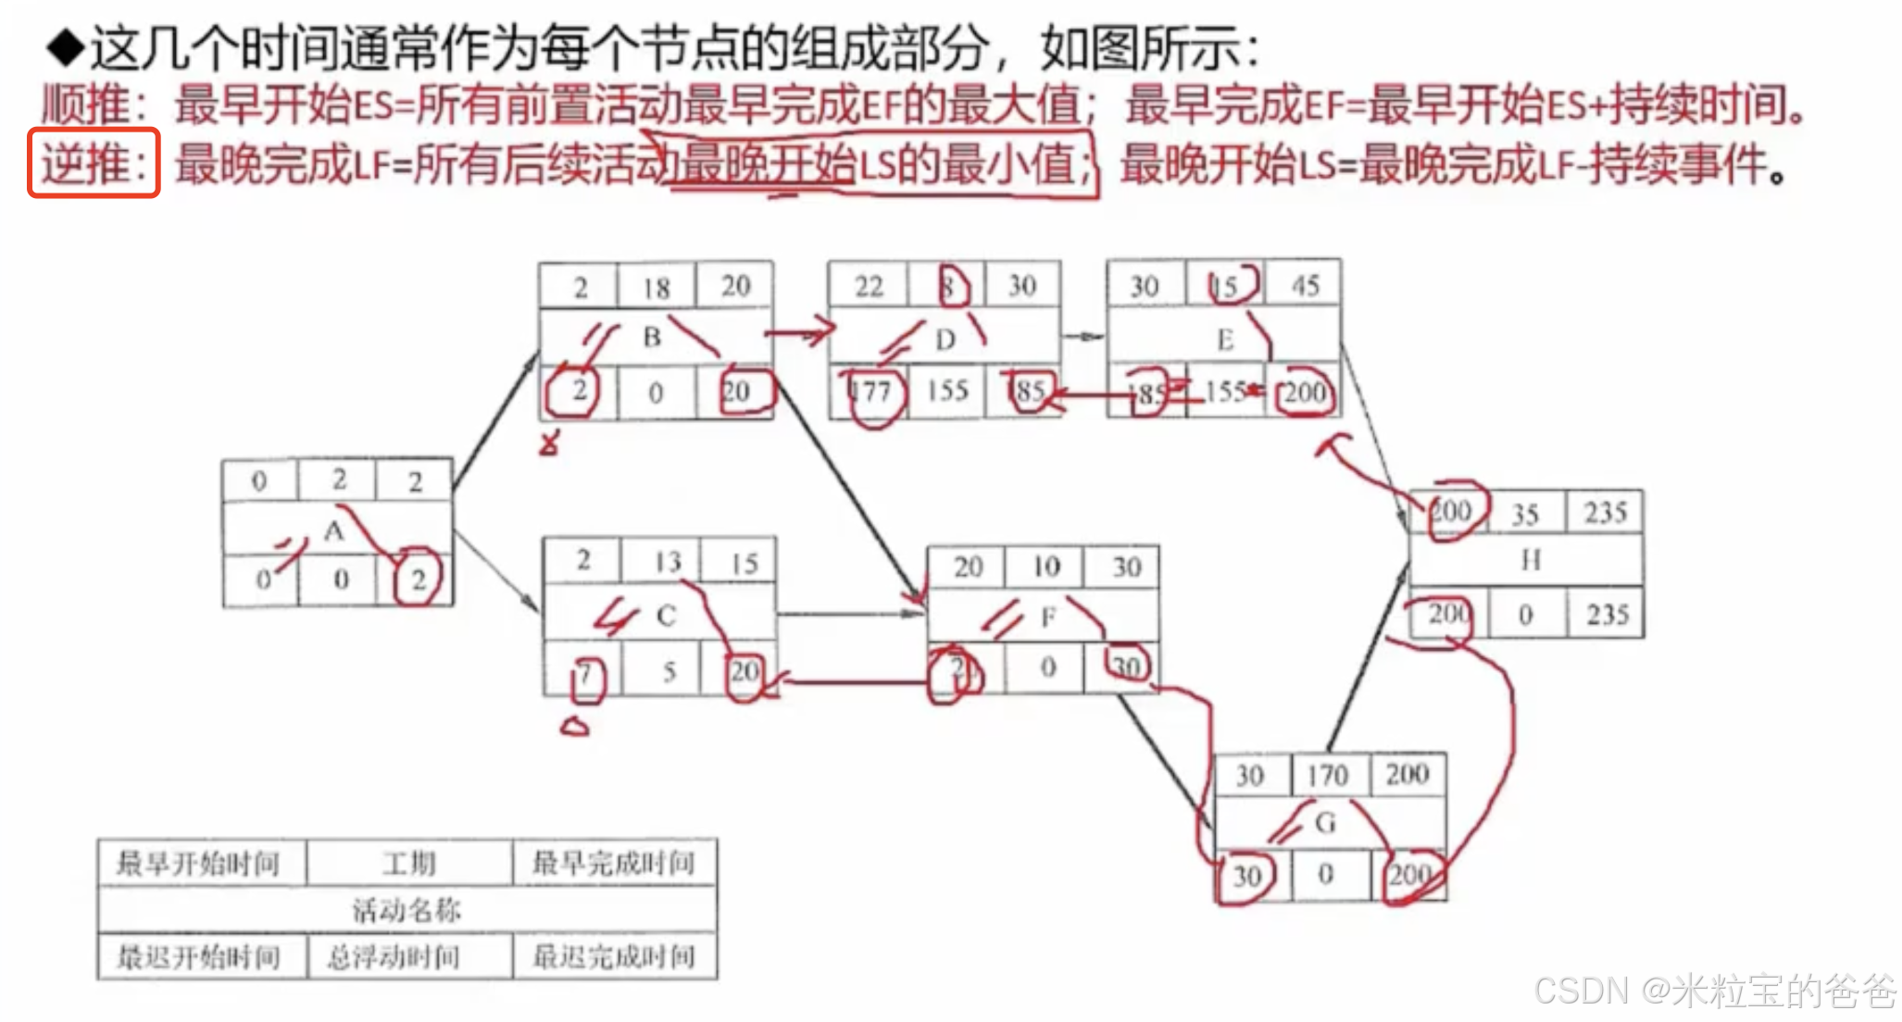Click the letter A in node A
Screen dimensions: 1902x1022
point(333,530)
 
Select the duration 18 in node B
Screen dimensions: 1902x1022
point(657,288)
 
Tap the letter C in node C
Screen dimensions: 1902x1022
point(666,616)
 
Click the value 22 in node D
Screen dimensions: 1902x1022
point(869,286)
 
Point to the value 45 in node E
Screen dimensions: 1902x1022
point(1305,285)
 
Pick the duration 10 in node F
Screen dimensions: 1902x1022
point(1046,567)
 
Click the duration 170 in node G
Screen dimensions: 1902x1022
point(1327,776)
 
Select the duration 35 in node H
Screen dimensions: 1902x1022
point(1525,515)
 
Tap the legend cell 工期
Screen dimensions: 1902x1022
point(408,864)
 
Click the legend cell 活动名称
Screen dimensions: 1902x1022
point(407,910)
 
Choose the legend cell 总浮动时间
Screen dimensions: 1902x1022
point(394,957)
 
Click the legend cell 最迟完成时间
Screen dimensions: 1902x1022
point(613,957)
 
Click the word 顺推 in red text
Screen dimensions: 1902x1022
point(86,105)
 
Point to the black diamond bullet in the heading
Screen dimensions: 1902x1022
point(66,48)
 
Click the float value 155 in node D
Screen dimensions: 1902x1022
point(947,391)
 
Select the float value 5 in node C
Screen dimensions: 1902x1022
point(669,671)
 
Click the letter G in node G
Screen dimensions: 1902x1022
point(1325,822)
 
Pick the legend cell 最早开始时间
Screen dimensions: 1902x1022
point(197,864)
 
